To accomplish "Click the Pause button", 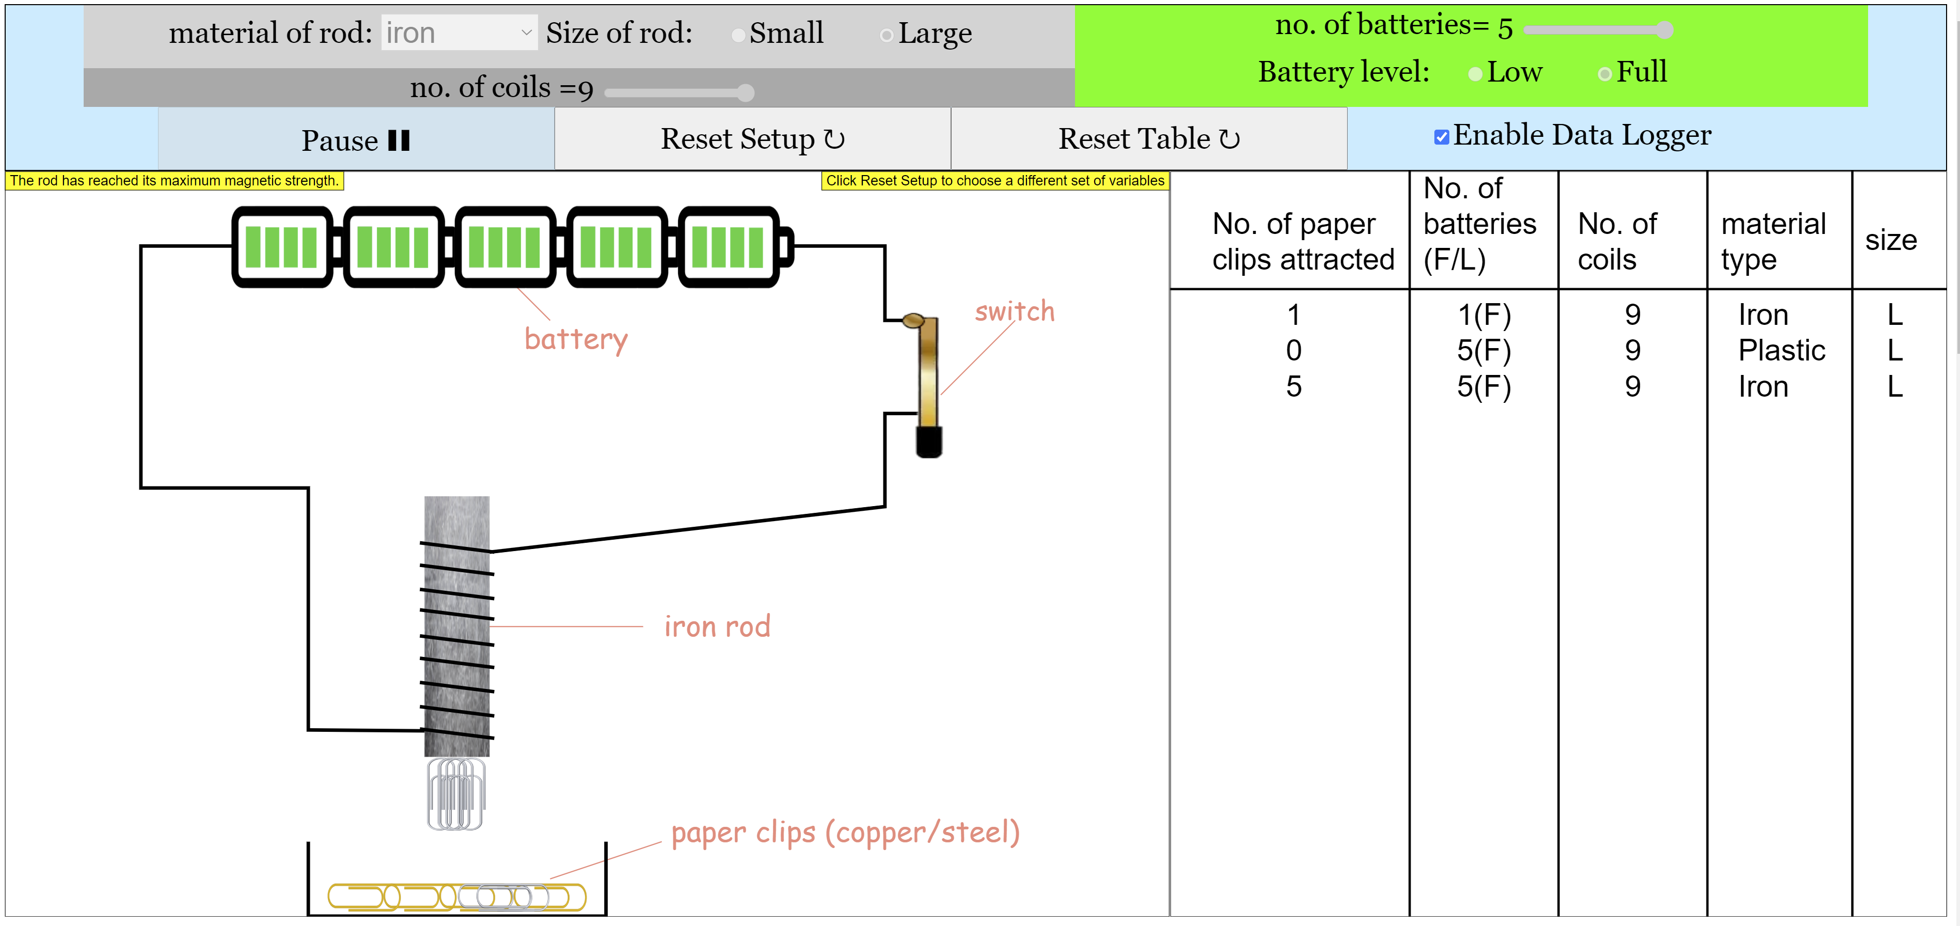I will pos(355,140).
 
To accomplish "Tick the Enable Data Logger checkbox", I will pos(1441,137).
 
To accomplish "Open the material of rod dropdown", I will pos(459,33).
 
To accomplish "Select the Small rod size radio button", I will pos(738,35).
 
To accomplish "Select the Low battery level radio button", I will pos(1475,74).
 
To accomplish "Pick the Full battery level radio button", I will pos(1605,74).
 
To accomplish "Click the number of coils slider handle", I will pos(746,93).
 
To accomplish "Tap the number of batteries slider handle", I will pos(1665,29).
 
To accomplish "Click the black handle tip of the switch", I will pos(928,442).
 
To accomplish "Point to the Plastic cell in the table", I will pos(1781,351).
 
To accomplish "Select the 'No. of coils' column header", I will pos(1617,241).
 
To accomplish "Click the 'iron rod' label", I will pos(717,627).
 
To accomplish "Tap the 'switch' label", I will pos(1014,311).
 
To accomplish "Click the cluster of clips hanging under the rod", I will pos(456,794).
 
